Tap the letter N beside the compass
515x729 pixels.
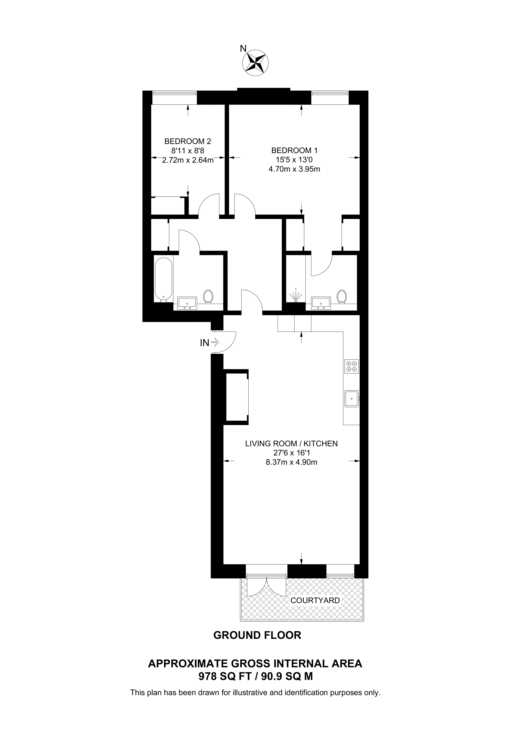click(x=243, y=48)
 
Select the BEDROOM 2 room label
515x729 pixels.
click(x=188, y=141)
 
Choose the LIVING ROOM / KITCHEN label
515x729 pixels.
click(x=291, y=444)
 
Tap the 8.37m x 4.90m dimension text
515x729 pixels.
click(x=291, y=462)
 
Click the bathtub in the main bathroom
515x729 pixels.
click(x=163, y=280)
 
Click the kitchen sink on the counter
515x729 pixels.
click(x=351, y=399)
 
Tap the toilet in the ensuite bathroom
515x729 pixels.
click(x=342, y=296)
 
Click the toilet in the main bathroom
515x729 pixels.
click(x=208, y=296)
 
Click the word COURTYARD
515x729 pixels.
click(x=315, y=600)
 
